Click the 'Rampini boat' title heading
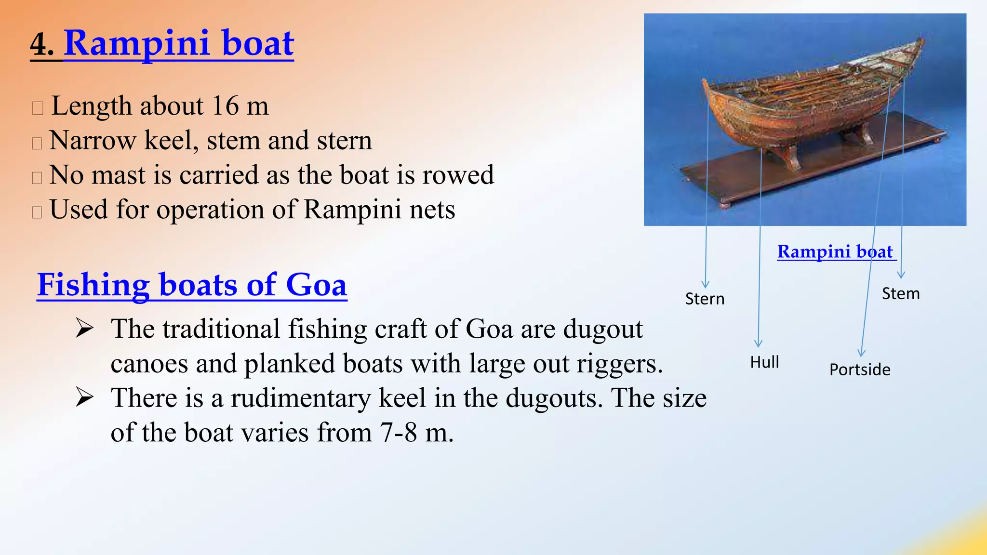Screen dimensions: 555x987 pos(178,43)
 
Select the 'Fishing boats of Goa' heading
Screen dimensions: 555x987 pos(192,285)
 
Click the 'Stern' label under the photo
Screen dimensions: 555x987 pos(705,299)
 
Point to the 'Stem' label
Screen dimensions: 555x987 pos(900,294)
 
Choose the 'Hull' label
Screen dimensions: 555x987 pos(764,362)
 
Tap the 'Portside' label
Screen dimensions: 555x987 pos(859,370)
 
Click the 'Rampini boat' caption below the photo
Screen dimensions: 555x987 pos(835,252)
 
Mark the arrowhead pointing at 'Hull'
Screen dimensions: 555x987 pos(758,344)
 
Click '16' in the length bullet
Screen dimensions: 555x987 pos(225,106)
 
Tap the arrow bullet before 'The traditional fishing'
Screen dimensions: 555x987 pos(84,330)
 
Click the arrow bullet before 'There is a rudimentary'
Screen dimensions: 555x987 pos(84,398)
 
